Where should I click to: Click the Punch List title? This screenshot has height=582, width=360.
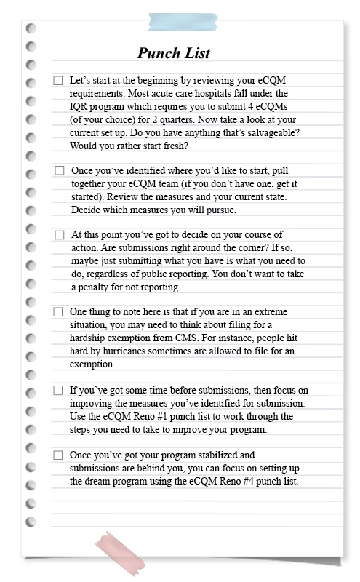(174, 53)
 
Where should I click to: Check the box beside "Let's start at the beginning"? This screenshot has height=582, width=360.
(58, 81)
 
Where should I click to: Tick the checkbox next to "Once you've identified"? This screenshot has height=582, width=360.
(60, 170)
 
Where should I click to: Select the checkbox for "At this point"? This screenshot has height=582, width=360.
(60, 235)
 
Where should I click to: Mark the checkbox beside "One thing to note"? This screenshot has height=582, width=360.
(58, 312)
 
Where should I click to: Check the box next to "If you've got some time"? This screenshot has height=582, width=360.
(58, 390)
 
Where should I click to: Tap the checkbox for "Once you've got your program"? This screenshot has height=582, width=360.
(58, 455)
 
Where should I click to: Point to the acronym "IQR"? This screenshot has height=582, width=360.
(80, 106)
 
